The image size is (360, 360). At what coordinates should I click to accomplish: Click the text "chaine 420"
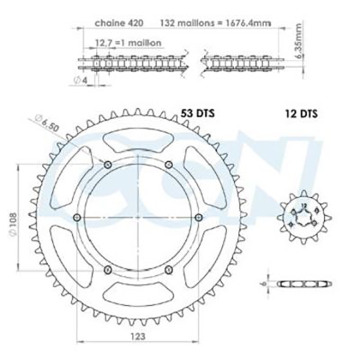pyautogui.click(x=119, y=23)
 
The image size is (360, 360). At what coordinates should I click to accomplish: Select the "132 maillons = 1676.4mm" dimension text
pyautogui.click(x=215, y=23)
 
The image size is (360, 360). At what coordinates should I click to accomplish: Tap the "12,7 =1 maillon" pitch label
pyautogui.click(x=128, y=43)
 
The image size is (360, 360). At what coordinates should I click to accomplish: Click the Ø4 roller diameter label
pyautogui.click(x=81, y=80)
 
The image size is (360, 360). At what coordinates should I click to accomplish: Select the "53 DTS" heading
pyautogui.click(x=197, y=113)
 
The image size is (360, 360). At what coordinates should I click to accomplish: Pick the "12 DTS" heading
pyautogui.click(x=301, y=113)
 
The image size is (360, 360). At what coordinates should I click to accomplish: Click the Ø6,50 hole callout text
pyautogui.click(x=47, y=123)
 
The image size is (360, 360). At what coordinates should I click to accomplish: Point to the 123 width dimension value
pyautogui.click(x=138, y=337)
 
